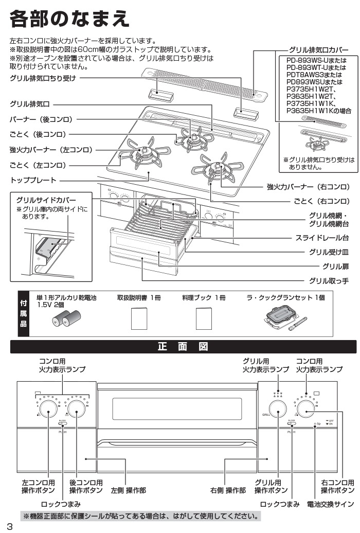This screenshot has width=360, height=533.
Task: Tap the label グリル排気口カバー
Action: [x=322, y=50]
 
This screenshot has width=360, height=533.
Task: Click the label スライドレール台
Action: [x=322, y=238]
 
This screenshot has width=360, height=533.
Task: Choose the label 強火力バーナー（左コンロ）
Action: [x=51, y=150]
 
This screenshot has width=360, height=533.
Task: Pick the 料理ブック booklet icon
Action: [x=204, y=319]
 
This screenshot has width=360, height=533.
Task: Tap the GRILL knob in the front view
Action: [x=278, y=409]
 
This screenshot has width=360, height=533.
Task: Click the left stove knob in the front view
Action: [x=48, y=409]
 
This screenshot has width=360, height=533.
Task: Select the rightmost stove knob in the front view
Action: [x=307, y=409]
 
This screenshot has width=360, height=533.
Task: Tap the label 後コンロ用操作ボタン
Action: [x=86, y=487]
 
